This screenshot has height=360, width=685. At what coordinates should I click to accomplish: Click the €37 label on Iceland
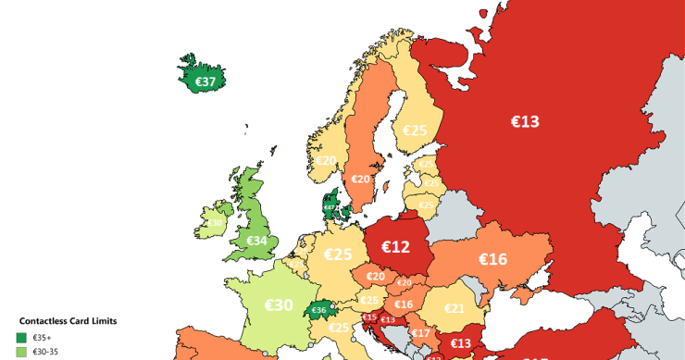point(205,81)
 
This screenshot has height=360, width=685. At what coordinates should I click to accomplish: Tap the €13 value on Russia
point(525,121)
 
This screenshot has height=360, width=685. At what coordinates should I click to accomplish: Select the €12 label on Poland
point(395,246)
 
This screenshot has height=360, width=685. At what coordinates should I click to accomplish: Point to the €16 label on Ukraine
point(492,259)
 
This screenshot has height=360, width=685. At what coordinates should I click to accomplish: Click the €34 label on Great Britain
point(257,242)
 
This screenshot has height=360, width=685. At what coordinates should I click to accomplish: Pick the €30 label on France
point(278,304)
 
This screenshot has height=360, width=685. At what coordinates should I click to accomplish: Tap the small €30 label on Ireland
point(215,223)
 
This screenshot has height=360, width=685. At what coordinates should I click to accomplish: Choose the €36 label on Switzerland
point(318,310)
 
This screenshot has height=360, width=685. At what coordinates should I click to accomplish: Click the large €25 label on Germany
point(339,254)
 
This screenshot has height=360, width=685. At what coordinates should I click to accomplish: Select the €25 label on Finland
point(414,130)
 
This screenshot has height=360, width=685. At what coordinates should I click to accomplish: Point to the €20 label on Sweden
point(360,179)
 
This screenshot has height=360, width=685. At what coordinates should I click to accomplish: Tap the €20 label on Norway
point(327,160)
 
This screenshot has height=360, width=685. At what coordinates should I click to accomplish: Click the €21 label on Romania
point(455,308)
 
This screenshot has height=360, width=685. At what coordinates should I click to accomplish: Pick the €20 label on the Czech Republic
point(376,276)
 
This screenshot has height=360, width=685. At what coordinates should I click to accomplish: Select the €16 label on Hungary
point(405,304)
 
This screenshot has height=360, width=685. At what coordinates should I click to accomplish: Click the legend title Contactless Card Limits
point(68,321)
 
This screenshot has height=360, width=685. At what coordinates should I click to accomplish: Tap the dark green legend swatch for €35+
point(21,338)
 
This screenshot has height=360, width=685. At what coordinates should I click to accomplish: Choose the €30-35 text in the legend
point(46,353)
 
